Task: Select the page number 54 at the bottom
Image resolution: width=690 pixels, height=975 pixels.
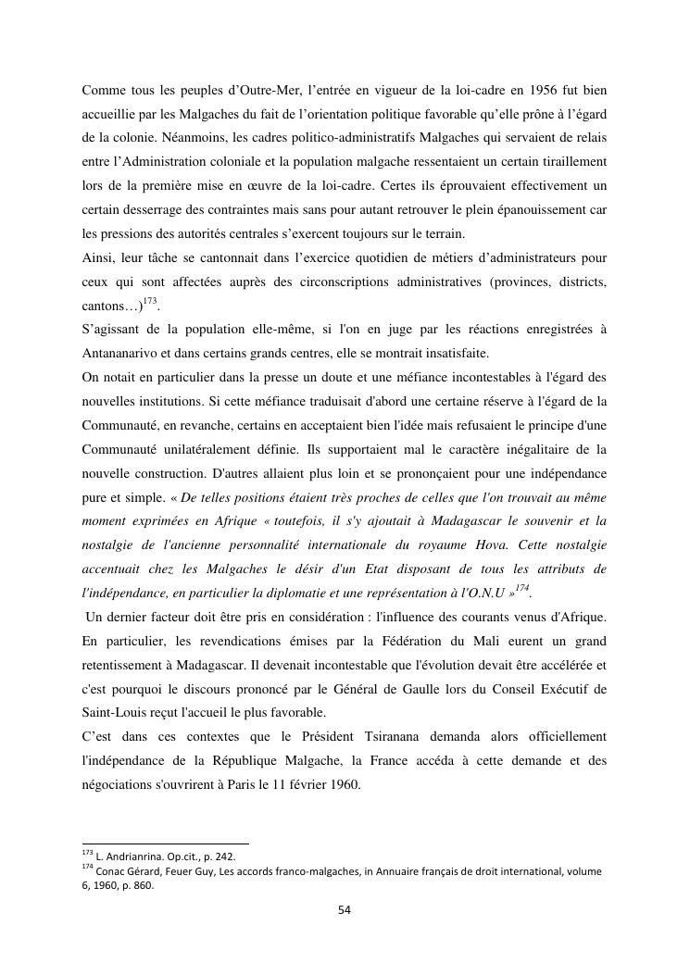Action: click(345, 910)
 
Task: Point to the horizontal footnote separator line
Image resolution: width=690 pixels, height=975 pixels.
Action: click(165, 843)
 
